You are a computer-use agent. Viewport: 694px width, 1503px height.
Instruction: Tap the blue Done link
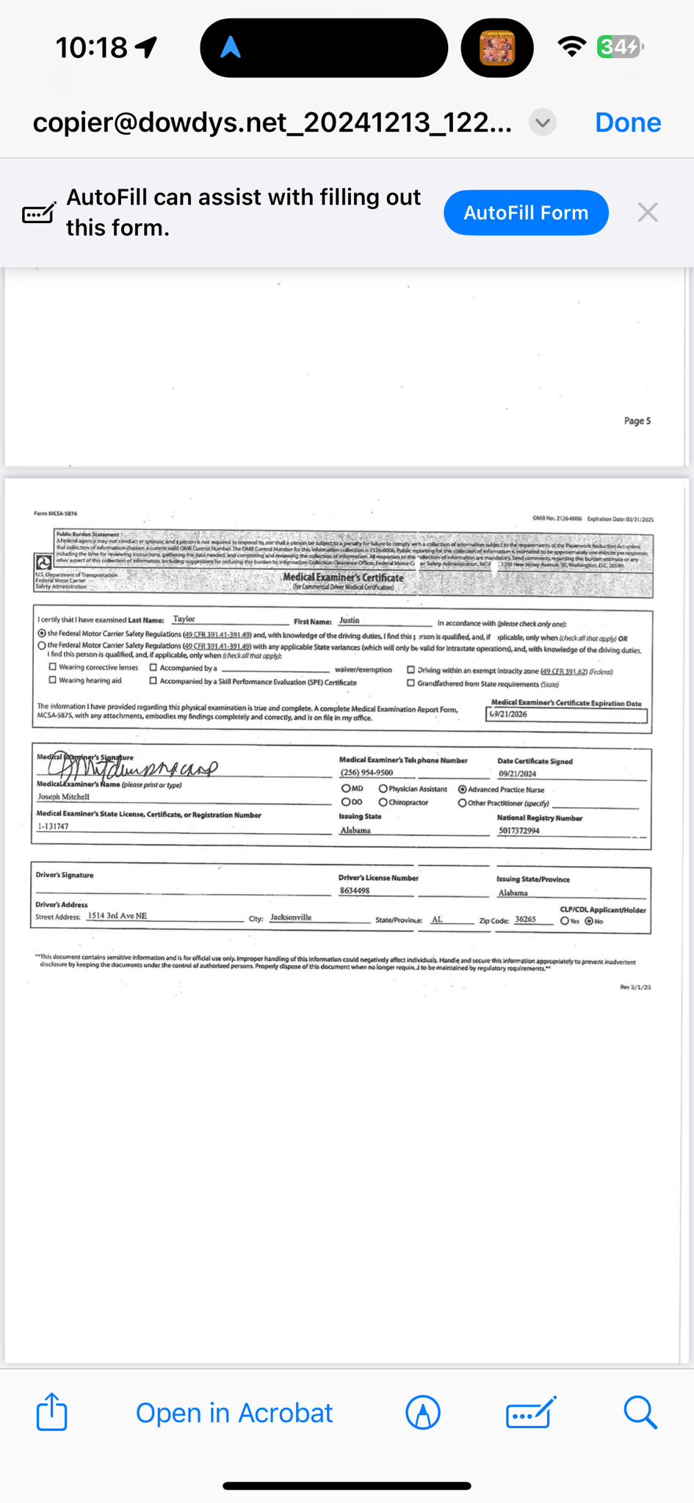(x=627, y=123)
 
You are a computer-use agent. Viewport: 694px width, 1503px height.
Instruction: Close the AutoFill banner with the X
(x=647, y=213)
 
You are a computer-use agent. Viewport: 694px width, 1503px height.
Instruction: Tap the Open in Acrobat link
(x=234, y=1413)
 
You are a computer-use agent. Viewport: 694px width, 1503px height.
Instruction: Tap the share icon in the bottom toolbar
(x=51, y=1412)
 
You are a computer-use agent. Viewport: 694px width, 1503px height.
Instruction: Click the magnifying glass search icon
(x=640, y=1412)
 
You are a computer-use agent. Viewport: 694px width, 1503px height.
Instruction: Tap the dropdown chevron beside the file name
(x=543, y=123)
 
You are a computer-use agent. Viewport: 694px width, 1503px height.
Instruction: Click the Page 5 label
(x=637, y=421)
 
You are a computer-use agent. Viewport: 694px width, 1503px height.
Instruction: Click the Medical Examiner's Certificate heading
(x=343, y=578)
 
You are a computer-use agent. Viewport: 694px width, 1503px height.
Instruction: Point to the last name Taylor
(x=184, y=619)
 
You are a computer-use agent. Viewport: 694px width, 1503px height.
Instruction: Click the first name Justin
(x=349, y=620)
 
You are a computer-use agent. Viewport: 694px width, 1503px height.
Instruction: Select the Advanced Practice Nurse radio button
(x=462, y=789)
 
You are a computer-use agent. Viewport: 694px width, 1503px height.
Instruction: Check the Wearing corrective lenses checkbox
(x=53, y=667)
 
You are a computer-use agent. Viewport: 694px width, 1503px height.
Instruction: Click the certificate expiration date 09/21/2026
(x=508, y=714)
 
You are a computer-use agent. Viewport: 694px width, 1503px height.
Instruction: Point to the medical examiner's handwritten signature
(x=132, y=767)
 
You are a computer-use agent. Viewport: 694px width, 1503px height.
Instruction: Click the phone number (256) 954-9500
(x=366, y=772)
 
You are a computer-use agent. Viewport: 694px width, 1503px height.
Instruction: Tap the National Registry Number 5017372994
(x=518, y=831)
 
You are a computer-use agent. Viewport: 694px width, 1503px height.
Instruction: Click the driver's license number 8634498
(x=354, y=890)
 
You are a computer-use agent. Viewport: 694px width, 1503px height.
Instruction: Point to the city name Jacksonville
(x=291, y=917)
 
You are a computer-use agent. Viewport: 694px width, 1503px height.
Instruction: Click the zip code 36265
(x=525, y=919)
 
